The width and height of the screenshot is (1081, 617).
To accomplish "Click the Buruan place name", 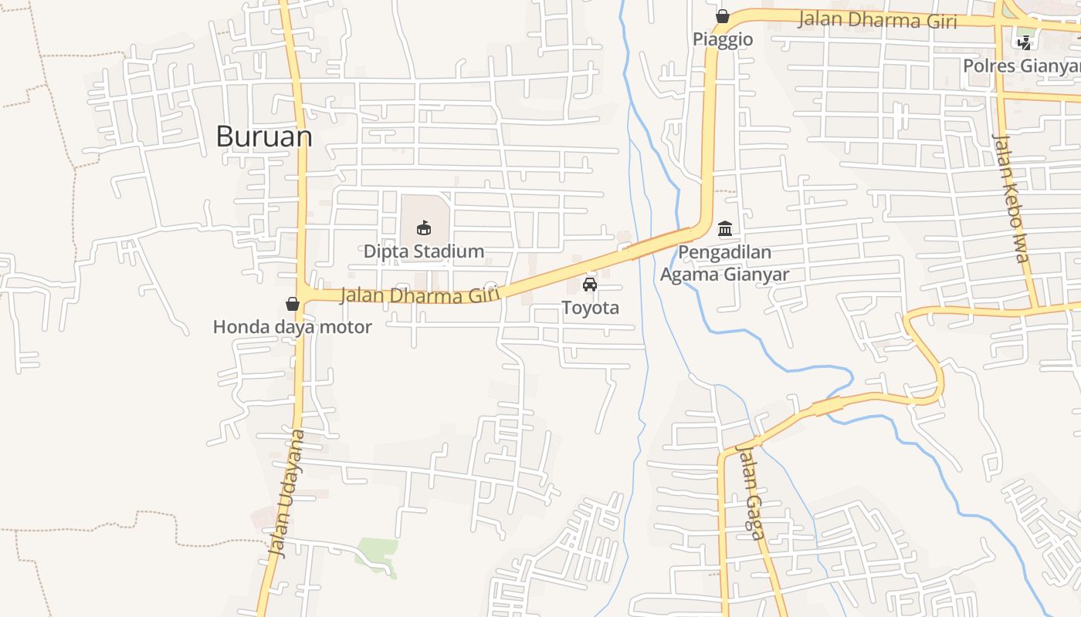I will (264, 137).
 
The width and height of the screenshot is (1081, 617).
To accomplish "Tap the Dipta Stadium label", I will (424, 251).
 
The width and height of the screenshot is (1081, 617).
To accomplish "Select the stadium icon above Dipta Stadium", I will (423, 228).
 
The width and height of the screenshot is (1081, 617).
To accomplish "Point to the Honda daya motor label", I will (292, 327).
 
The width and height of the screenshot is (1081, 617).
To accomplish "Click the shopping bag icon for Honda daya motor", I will (292, 304).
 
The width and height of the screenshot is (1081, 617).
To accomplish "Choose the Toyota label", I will (590, 308).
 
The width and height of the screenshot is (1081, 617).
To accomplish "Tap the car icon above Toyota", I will (590, 285).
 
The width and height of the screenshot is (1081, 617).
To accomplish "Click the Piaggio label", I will (723, 39).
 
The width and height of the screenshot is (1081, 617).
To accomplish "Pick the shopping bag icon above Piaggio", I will (723, 16).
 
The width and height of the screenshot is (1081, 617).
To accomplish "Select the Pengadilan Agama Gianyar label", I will (724, 264).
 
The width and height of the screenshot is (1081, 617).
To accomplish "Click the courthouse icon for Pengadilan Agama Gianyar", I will (725, 229).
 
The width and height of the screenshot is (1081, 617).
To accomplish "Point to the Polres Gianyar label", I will (1021, 66).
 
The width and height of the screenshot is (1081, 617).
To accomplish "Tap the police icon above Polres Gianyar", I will (1025, 43).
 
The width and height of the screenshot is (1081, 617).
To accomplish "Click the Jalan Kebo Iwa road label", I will (1012, 198).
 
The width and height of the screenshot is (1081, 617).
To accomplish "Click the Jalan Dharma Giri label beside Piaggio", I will (877, 20).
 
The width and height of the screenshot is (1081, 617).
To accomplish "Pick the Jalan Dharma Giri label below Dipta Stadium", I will (420, 295).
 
